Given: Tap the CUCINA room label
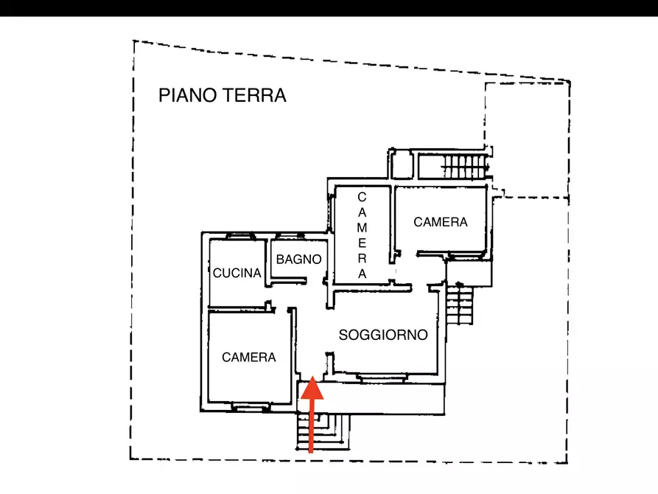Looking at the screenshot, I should coord(237,273).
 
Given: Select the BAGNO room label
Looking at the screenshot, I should coord(299,260).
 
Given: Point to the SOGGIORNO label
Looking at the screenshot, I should coord(383,335).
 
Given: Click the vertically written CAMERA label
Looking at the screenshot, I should coord(362,235).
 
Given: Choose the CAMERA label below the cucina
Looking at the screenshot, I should coord(249,357).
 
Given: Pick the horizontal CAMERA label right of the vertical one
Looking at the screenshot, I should coord(441,222).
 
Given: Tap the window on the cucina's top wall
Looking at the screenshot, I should coord(239,236).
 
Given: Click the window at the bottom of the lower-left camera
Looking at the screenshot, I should coord(250,406).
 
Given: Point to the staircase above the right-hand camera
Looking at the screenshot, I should coord(464,167).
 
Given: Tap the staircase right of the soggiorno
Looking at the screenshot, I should coord(461,305).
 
